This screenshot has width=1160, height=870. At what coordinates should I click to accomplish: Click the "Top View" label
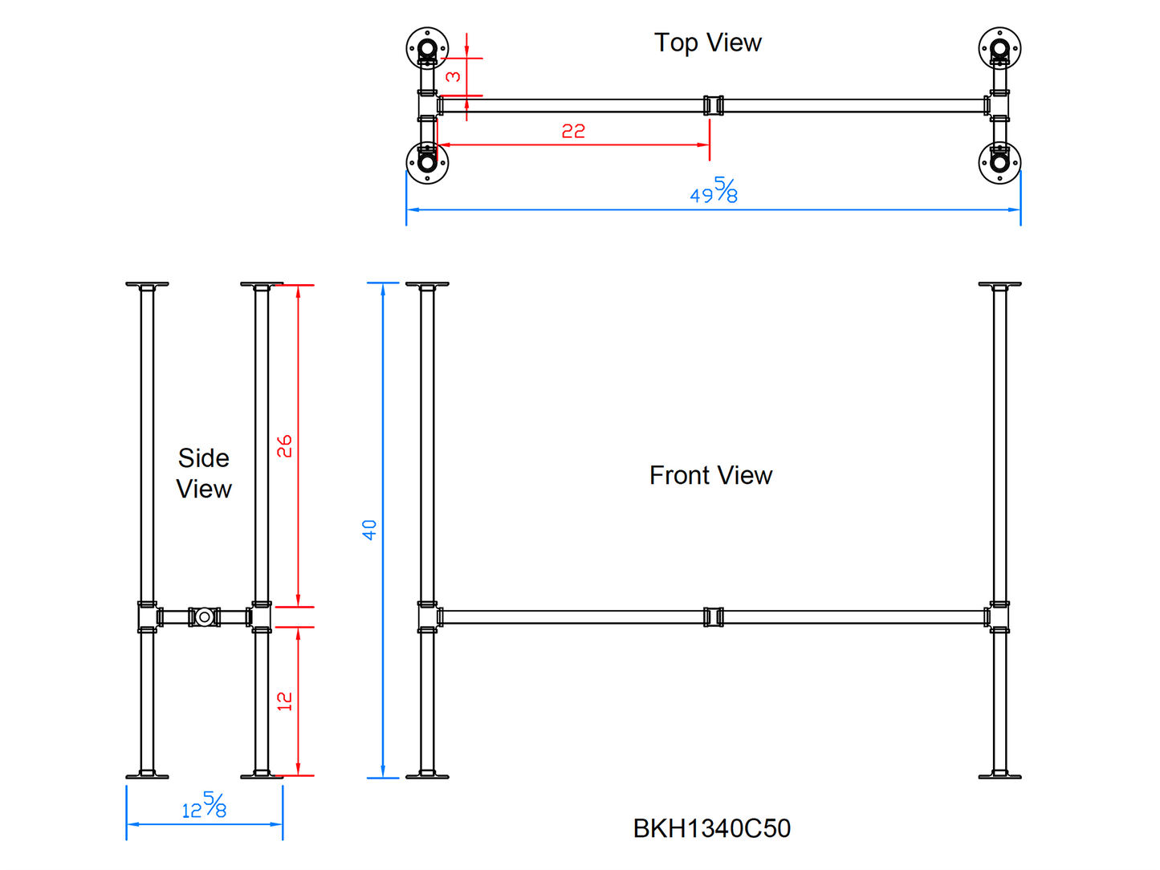[707, 43]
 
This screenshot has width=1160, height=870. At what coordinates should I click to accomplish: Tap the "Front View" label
[710, 475]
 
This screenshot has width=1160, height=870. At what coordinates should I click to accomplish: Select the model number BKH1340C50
[711, 828]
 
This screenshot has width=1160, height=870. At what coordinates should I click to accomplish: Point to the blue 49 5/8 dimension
[714, 192]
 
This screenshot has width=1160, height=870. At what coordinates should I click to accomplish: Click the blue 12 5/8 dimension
[204, 806]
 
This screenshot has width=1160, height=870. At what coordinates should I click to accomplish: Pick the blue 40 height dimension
[369, 530]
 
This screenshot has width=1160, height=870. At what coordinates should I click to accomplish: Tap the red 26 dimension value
[285, 446]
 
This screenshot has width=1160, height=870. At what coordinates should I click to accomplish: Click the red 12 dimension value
[285, 701]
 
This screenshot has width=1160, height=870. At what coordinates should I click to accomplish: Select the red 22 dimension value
[573, 131]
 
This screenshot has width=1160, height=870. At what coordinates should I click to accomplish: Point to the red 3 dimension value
[454, 76]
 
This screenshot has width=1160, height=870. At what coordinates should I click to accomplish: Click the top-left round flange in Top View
[427, 48]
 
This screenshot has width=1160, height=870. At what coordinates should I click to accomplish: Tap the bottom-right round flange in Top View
[999, 163]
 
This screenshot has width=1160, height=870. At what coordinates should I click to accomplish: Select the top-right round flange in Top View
[999, 48]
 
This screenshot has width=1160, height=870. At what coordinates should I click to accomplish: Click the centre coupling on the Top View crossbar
[713, 105]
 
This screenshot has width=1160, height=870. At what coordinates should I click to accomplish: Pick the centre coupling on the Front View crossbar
[713, 617]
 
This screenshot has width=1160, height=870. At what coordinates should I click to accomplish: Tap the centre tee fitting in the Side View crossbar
[204, 617]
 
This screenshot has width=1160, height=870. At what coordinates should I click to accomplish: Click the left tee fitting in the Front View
[428, 617]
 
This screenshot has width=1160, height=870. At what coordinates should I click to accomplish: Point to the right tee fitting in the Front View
[999, 617]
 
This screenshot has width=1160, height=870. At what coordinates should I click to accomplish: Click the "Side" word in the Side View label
[204, 458]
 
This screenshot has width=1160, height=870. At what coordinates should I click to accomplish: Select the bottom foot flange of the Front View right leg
[999, 775]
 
